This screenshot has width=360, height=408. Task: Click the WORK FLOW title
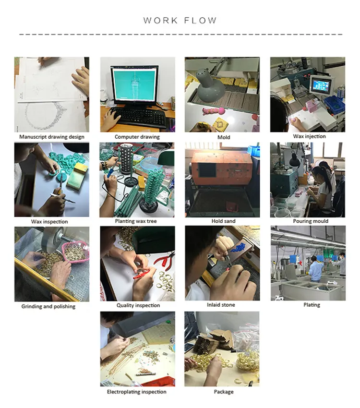click(180, 20)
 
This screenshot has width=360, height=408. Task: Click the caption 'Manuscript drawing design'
click(52, 137)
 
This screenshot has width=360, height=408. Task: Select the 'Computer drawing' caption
click(137, 137)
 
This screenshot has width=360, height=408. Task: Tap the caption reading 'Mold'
click(224, 137)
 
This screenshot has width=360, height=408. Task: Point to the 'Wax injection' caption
click(309, 136)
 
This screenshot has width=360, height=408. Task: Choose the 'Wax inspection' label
click(49, 222)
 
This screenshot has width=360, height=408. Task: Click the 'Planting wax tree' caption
click(136, 221)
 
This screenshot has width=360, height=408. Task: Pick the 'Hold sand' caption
click(223, 221)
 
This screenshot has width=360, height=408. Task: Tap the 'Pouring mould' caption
click(311, 221)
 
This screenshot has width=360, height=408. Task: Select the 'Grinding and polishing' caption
click(48, 307)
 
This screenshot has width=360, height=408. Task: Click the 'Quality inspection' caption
click(138, 305)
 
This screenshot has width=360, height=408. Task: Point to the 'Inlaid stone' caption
click(221, 305)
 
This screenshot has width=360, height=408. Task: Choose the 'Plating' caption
click(312, 305)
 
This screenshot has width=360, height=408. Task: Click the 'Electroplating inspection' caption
click(137, 392)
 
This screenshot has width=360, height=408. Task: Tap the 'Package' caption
click(224, 392)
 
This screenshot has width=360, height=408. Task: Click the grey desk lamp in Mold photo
click(210, 85)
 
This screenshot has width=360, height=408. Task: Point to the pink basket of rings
click(76, 252)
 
